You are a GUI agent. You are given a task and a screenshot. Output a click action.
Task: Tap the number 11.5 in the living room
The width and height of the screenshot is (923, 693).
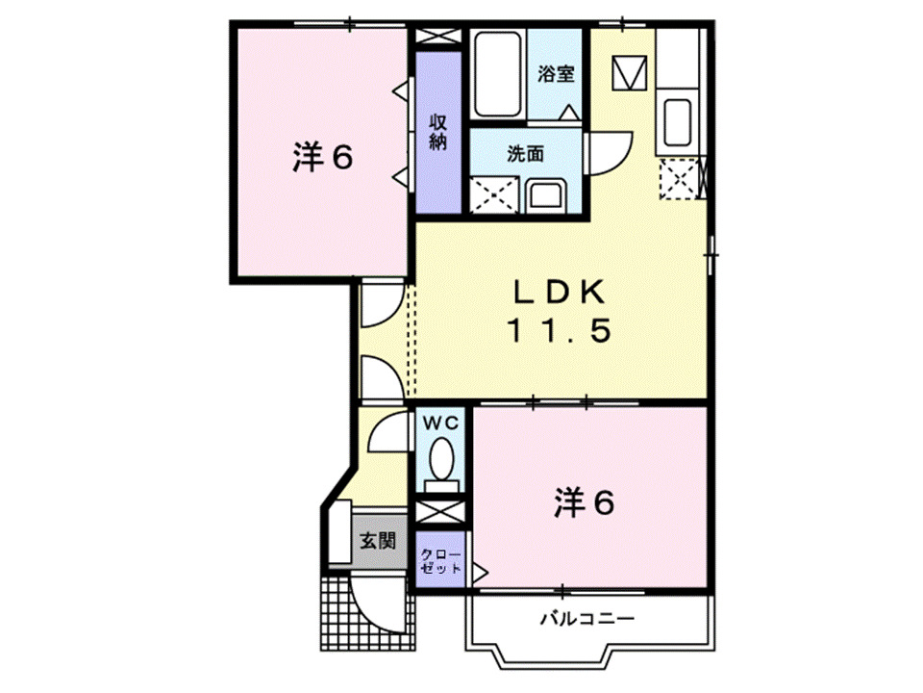[x=558, y=332]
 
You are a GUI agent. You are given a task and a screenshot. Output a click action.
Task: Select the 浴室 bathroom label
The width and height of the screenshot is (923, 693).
[x=556, y=74]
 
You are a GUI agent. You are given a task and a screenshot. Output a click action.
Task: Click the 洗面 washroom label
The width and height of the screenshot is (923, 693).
[x=525, y=153]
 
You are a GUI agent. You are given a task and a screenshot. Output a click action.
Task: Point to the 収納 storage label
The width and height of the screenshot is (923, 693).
[x=438, y=131]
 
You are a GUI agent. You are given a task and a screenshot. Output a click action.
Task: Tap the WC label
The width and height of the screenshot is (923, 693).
[x=441, y=423]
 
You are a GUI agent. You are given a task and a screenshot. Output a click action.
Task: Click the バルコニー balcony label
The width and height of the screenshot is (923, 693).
[x=586, y=619]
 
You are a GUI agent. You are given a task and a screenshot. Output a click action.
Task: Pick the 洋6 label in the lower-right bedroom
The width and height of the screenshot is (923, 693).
[x=584, y=502]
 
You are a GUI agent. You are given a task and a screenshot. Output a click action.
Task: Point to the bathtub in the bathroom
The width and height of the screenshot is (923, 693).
[x=497, y=74]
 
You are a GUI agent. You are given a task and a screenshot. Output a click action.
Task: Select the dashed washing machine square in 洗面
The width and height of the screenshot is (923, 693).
[x=495, y=193]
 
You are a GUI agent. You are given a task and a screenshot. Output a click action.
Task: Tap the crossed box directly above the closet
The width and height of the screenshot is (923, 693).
[x=441, y=511]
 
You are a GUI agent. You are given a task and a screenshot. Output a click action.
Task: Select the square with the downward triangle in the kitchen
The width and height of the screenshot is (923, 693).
[x=631, y=72]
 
